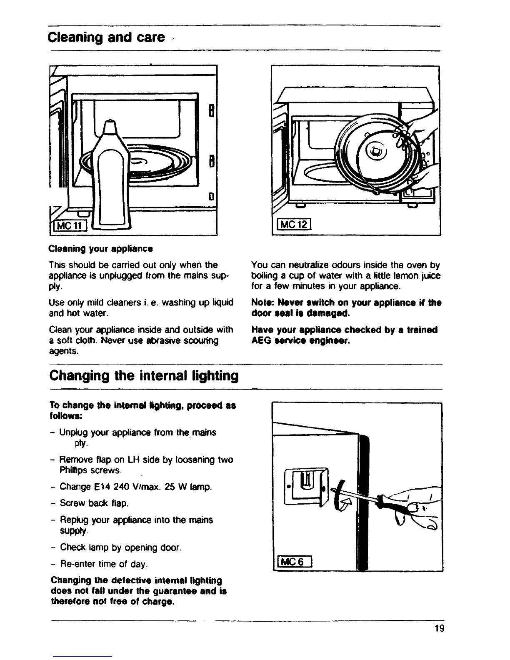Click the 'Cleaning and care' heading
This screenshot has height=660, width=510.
[x=107, y=38]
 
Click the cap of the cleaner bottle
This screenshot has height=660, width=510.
[x=109, y=127]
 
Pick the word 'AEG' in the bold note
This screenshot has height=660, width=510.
[x=260, y=341]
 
